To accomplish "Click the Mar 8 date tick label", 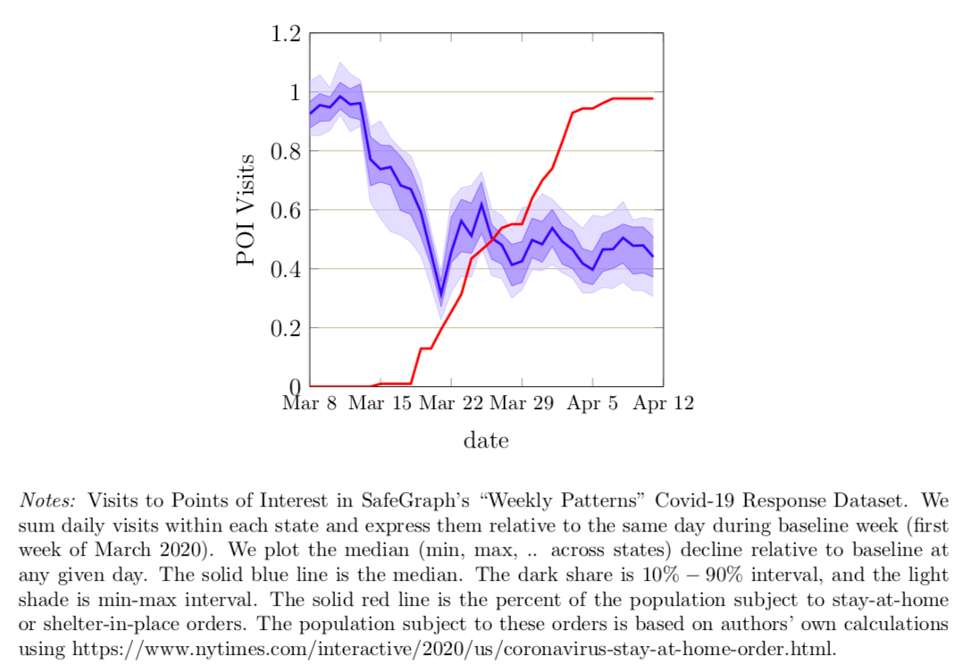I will tap(310, 403).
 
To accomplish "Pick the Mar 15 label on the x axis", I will tap(381, 403).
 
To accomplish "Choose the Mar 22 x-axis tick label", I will tap(451, 403).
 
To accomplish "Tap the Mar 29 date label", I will tap(522, 403).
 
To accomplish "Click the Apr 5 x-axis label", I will tap(591, 403).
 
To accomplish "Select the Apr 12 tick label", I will tap(663, 403).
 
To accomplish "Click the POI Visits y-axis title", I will tap(247, 210).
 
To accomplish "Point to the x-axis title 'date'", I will tap(486, 440).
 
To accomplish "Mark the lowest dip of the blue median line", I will tap(440, 296).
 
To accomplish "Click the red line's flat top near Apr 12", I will tap(643, 98).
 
